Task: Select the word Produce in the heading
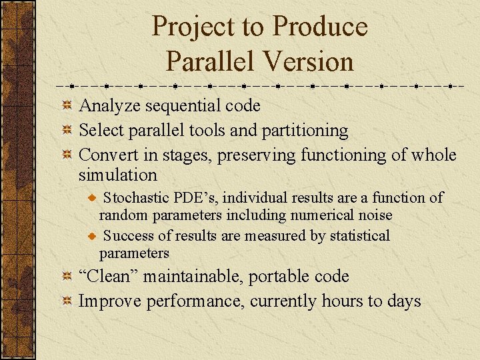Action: coord(321,27)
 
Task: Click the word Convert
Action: coord(107,155)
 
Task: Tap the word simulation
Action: coord(118,175)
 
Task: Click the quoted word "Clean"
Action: coord(109,276)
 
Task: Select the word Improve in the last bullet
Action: coord(107,301)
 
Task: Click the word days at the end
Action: coord(403,301)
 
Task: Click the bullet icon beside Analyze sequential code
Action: coord(67,106)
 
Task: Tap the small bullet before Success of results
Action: coord(94,237)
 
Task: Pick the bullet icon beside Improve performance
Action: coord(67,302)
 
